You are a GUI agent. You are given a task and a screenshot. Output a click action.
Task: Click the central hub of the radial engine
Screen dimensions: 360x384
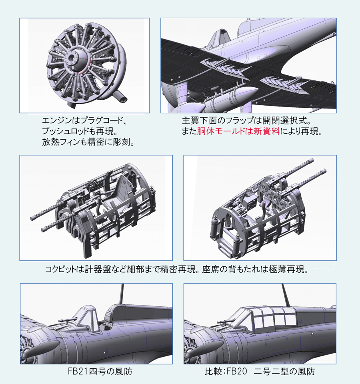tap(73, 59)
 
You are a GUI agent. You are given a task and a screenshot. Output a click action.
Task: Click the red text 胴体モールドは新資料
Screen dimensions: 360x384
tap(238, 131)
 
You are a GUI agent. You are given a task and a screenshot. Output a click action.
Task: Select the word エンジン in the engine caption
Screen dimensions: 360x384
tap(54, 121)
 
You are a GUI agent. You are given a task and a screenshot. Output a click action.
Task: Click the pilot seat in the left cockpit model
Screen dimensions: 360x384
tap(117, 190)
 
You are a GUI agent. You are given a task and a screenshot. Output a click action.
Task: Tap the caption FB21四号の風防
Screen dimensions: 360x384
tap(100, 371)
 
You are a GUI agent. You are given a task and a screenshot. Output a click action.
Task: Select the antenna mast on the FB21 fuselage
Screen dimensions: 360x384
tap(121, 294)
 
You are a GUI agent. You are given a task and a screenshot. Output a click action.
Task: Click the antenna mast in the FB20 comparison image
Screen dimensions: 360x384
tap(286, 295)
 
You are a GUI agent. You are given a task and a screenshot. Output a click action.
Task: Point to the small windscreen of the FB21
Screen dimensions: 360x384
tap(87, 316)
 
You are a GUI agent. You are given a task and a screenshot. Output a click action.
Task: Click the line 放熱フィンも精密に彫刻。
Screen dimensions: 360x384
tap(88, 142)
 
